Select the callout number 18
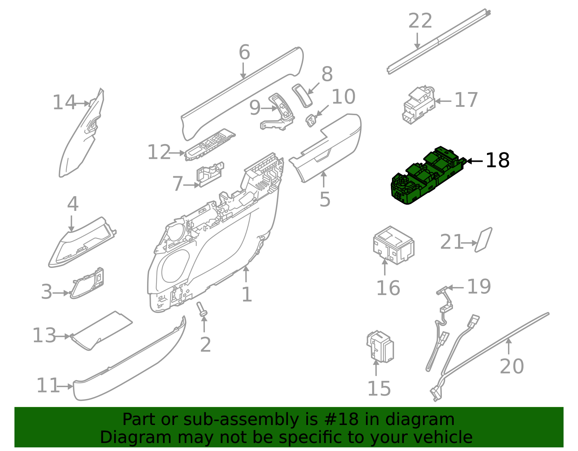[497, 160]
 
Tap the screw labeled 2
[202, 310]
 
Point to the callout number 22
[420, 21]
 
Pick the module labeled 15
[380, 346]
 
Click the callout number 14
[64, 103]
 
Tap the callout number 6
[244, 53]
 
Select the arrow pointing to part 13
[64, 336]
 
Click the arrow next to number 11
[66, 386]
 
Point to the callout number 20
[512, 366]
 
